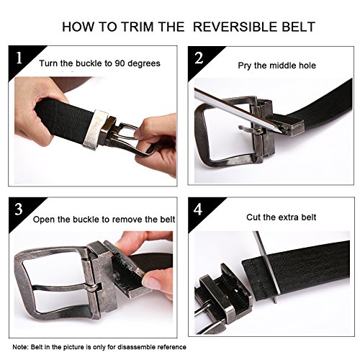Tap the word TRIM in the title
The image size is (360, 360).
click(138, 27)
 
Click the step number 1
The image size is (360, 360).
click(19, 58)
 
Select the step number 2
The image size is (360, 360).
click(199, 58)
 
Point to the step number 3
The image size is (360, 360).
click(19, 210)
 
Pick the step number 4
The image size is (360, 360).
click(198, 210)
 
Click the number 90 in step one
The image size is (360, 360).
click(120, 63)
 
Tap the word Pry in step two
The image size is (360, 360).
click(245, 66)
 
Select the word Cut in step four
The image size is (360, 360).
click(253, 217)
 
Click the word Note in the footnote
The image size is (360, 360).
click(20, 347)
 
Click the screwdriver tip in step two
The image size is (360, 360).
click(279, 132)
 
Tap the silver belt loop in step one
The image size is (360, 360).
click(95, 130)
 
